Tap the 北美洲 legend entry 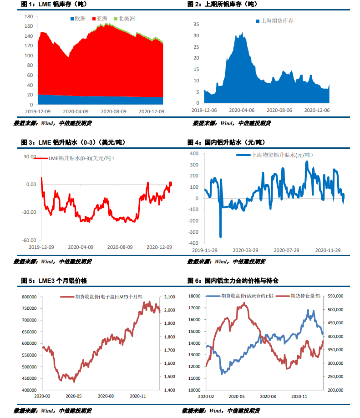126,19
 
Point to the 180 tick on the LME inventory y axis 28,16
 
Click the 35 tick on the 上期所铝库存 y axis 196,24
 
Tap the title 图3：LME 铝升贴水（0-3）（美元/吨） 73,142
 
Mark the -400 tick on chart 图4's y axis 193,243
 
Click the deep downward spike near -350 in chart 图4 221,236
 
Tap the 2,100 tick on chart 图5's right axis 169,297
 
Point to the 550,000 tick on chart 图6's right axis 336,296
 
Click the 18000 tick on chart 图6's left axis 193,296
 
